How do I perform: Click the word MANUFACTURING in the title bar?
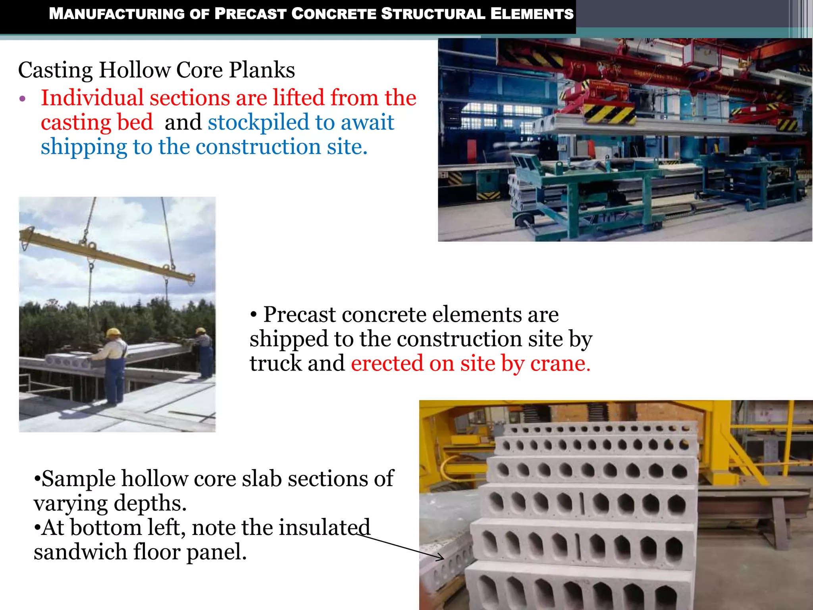tap(117, 14)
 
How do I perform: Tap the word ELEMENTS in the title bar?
tap(532, 14)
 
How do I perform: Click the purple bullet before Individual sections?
tap(23, 98)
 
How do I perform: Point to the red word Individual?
tap(92, 98)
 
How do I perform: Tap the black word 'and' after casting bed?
tap(183, 122)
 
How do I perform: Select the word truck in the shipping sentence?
tap(275, 363)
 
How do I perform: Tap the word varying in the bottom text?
tap(71, 503)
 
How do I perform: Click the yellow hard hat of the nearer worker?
tap(114, 332)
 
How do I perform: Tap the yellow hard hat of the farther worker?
tap(201, 330)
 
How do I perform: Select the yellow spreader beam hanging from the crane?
tap(107, 254)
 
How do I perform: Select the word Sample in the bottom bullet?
tap(79, 479)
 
